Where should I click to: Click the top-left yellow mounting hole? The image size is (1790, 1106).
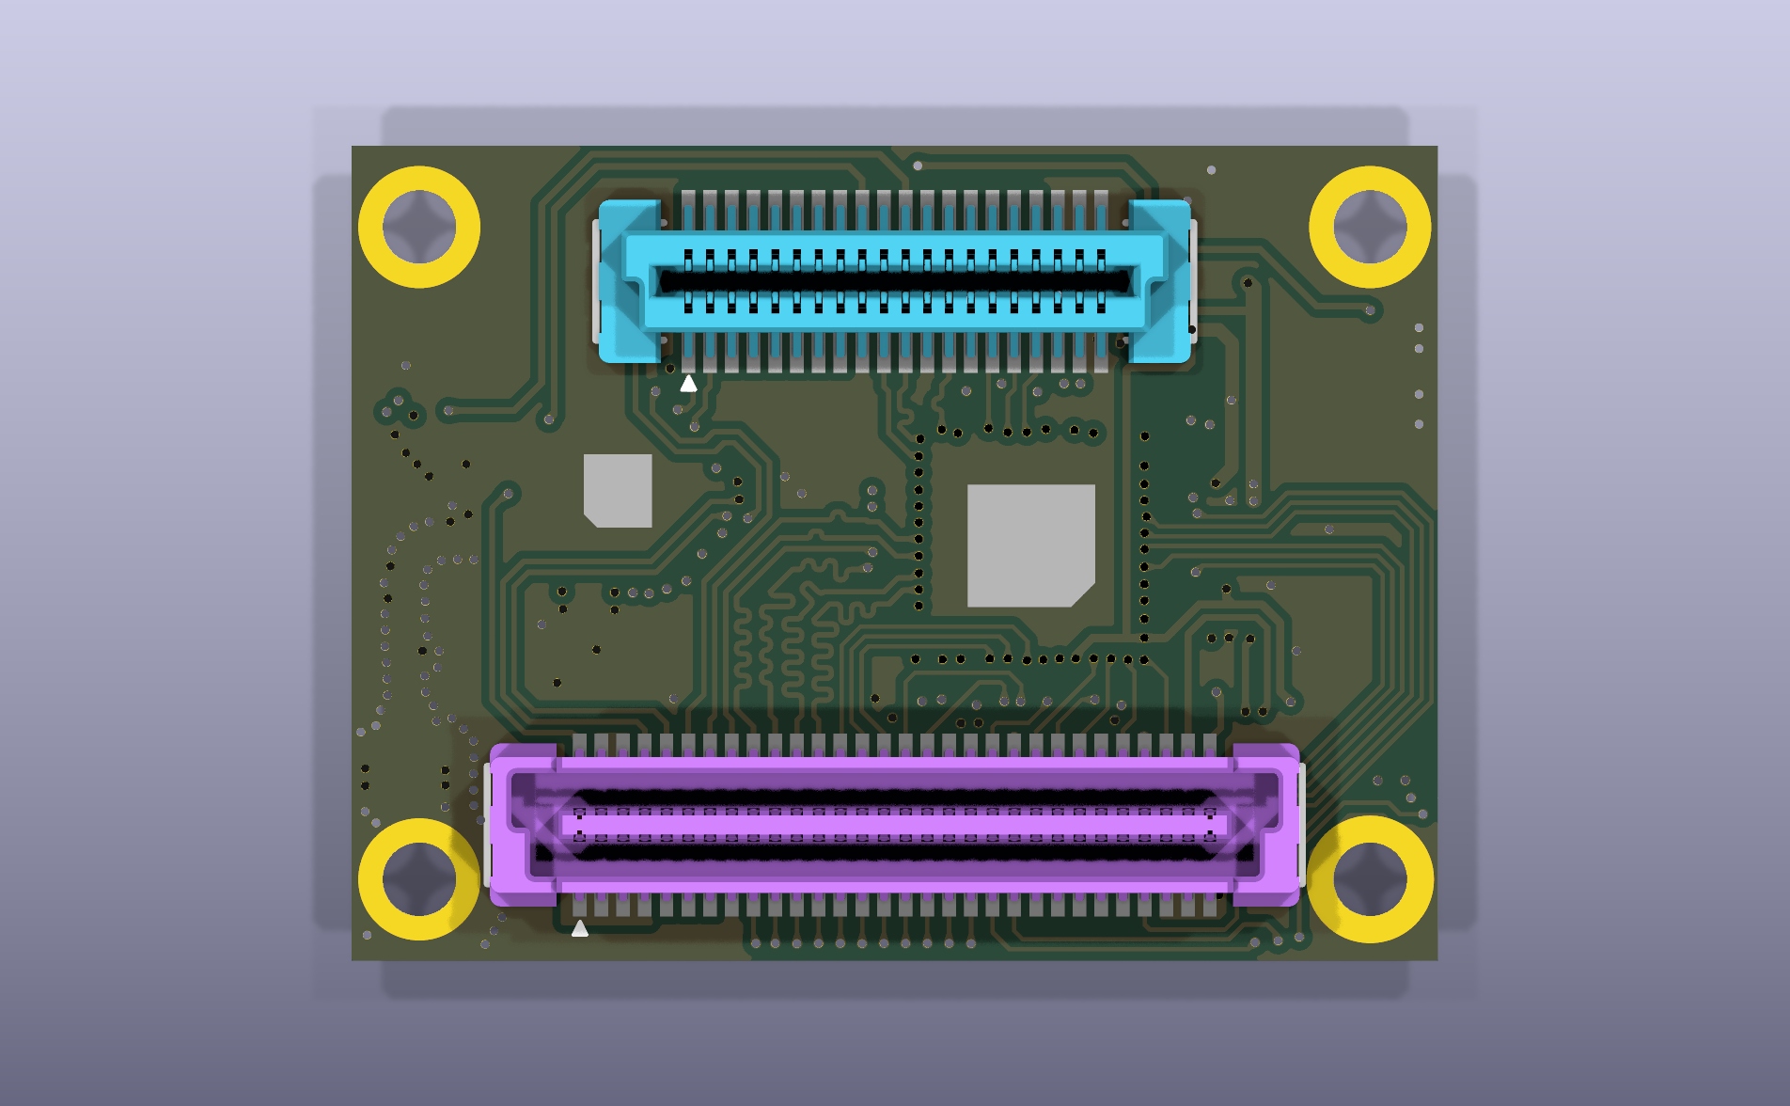pos(418,227)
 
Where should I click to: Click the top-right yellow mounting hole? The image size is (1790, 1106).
pos(1370,227)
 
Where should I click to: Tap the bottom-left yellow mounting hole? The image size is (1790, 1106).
pos(418,878)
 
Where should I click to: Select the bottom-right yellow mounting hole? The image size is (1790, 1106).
pos(1370,878)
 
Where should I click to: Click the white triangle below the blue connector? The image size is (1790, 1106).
pos(688,384)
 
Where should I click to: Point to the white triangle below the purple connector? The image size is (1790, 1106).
pos(579,929)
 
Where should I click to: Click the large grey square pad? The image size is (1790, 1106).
pos(1030,545)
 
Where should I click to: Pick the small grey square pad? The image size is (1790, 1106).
pos(618,490)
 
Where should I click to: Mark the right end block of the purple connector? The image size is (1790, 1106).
pos(1267,826)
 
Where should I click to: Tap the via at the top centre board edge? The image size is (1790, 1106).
pos(918,166)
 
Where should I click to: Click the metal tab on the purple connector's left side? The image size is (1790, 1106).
pos(487,826)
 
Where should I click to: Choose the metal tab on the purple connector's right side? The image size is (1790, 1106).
pos(1302,826)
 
